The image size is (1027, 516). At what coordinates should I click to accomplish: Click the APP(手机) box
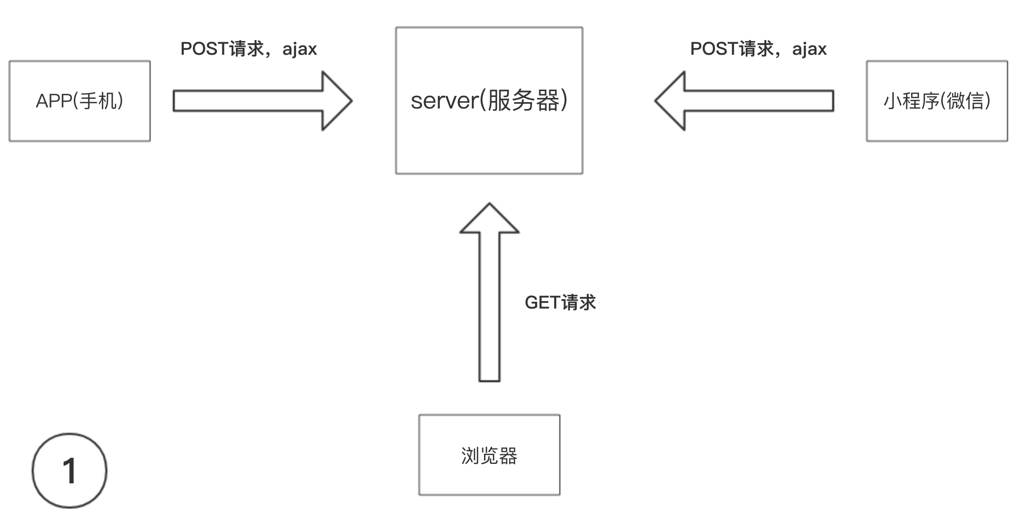[80, 101]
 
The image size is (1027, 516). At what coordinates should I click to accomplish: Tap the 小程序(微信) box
[936, 101]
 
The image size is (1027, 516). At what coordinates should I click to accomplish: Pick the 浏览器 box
[489, 455]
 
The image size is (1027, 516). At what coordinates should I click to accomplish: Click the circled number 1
[70, 470]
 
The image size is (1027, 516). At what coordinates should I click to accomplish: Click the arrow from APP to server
[253, 101]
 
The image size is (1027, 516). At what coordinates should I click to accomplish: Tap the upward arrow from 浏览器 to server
[489, 305]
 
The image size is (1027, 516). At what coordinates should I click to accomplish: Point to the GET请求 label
[560, 303]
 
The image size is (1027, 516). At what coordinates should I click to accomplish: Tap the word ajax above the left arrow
[299, 49]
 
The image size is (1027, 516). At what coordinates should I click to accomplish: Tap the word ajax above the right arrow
[809, 49]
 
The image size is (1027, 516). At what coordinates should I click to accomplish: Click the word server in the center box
[443, 101]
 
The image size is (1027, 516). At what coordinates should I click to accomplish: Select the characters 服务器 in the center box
[524, 101]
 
